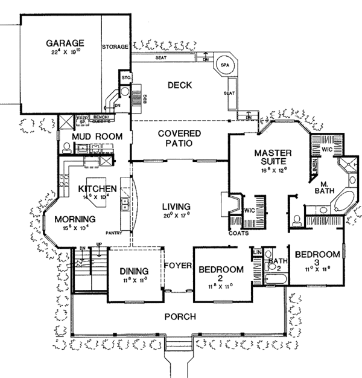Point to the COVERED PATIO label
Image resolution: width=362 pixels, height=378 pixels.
click(x=175, y=138)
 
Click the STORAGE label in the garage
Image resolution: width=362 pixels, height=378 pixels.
click(x=115, y=46)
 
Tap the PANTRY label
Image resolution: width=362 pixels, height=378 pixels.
click(x=113, y=231)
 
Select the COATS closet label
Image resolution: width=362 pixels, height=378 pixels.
click(x=237, y=232)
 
